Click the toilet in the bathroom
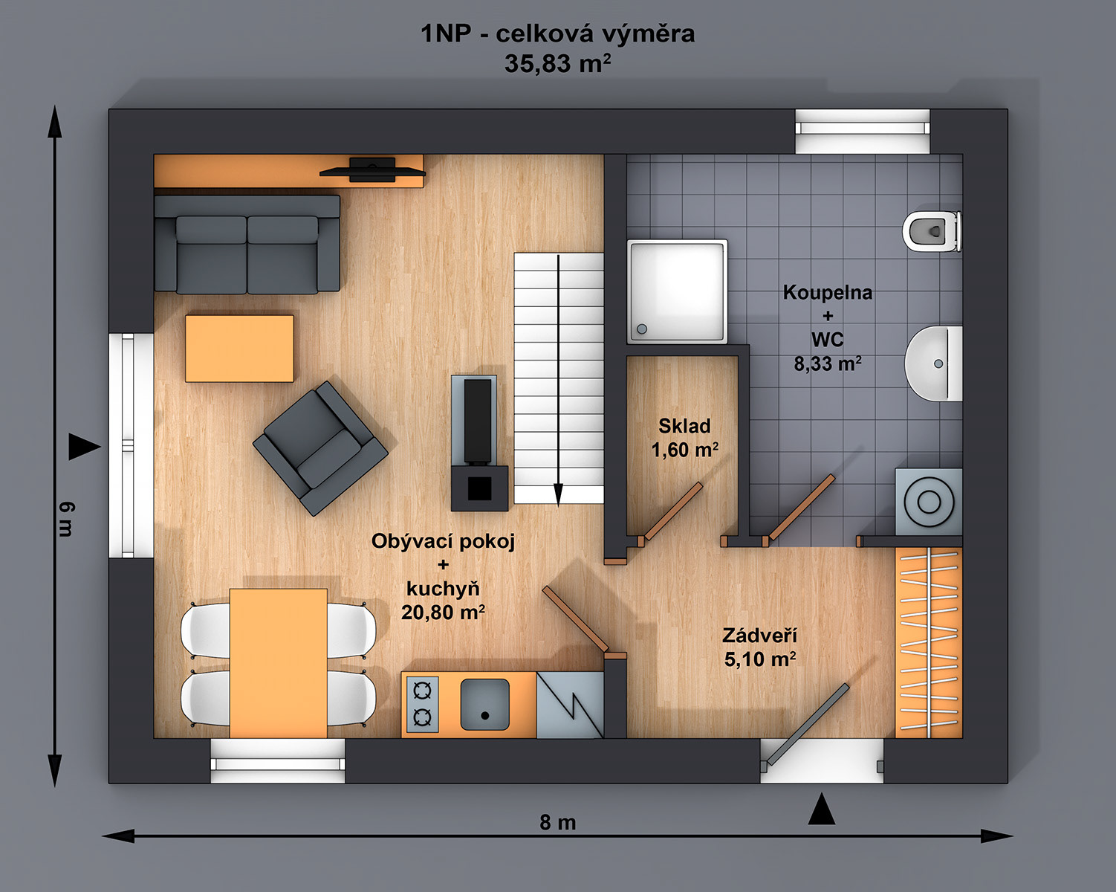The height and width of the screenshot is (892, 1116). [x=932, y=231]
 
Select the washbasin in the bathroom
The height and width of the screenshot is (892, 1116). [x=934, y=363]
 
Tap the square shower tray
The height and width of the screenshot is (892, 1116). [x=678, y=291]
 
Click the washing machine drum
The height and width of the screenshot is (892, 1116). [x=929, y=502]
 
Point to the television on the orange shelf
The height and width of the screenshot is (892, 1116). [x=372, y=169]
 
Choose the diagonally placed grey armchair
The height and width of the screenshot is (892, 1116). [x=320, y=448]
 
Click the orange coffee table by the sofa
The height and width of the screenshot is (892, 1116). [x=239, y=348]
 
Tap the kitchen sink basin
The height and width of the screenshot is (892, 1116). [x=485, y=704]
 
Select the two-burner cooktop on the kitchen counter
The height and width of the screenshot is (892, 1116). [x=422, y=704]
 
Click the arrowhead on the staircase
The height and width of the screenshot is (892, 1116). [x=558, y=494]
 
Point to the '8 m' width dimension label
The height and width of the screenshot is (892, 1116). [x=557, y=822]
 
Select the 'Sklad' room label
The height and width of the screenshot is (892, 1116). [x=684, y=426]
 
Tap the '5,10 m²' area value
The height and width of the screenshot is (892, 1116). [x=760, y=659]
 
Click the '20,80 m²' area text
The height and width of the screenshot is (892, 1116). [x=443, y=613]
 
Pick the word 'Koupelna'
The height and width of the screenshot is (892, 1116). [x=828, y=293]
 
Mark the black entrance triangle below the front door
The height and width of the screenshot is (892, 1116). [x=822, y=809]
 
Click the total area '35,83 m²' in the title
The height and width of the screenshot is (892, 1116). [x=557, y=63]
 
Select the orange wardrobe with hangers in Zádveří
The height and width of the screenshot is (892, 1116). [x=929, y=642]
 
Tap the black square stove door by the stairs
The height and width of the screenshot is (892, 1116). [x=480, y=488]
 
